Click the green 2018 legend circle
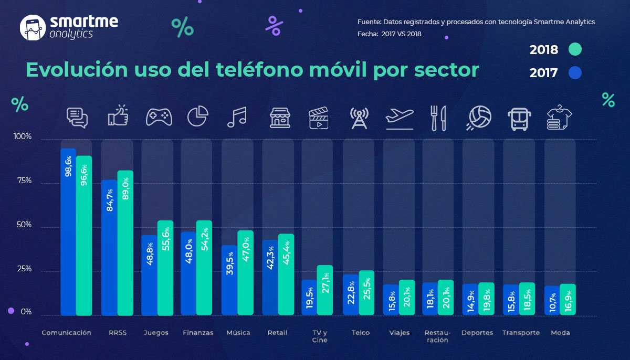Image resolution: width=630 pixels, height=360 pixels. [575, 50]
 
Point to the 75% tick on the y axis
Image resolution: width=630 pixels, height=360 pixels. [22, 181]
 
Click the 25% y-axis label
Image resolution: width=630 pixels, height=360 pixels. [22, 269]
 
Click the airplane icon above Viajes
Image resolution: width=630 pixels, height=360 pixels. [399, 117]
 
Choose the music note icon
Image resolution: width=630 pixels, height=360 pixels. [237, 117]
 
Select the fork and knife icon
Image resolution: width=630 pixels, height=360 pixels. [437, 117]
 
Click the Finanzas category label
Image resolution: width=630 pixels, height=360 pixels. [198, 333]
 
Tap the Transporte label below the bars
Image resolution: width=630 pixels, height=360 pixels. [521, 333]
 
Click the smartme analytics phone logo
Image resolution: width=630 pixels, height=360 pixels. [33, 27]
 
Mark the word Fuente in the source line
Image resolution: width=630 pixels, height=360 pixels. [369, 22]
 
